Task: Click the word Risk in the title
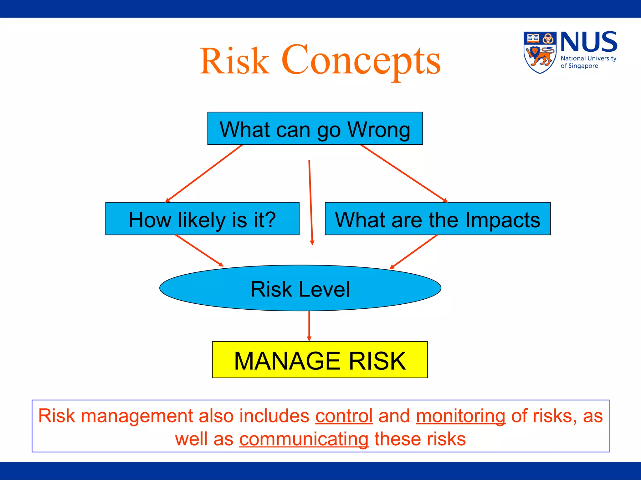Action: tap(235, 61)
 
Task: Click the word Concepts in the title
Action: tap(361, 61)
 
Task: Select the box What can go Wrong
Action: tap(315, 129)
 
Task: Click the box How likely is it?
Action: tap(202, 219)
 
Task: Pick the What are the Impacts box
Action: tap(438, 219)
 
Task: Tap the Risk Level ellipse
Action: tap(300, 288)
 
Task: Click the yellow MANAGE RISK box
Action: tap(320, 360)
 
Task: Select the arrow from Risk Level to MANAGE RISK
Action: tap(309, 326)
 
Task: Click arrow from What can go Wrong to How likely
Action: tap(204, 173)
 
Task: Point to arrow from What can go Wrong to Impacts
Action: tap(404, 173)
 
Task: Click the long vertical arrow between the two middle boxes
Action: tap(310, 202)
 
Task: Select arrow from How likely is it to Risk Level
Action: tap(199, 250)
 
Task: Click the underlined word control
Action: tap(344, 416)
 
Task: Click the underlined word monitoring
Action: tap(460, 416)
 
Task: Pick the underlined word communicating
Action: tap(304, 439)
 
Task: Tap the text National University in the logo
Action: tap(588, 59)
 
